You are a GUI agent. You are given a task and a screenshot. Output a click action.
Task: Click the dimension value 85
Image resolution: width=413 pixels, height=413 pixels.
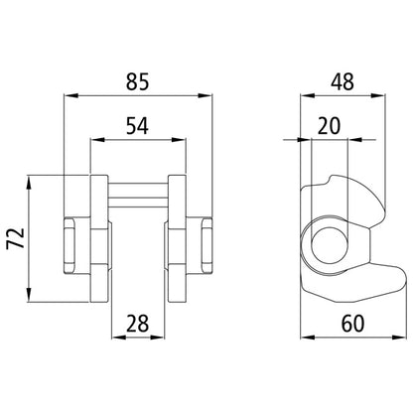click(x=138, y=82)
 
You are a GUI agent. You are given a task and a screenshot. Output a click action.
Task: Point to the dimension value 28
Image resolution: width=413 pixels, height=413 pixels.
click(x=138, y=324)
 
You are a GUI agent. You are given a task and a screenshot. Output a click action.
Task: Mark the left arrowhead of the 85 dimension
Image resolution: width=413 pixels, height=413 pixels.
click(x=68, y=97)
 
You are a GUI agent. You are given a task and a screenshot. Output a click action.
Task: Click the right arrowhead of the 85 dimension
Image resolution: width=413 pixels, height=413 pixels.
click(x=208, y=97)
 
